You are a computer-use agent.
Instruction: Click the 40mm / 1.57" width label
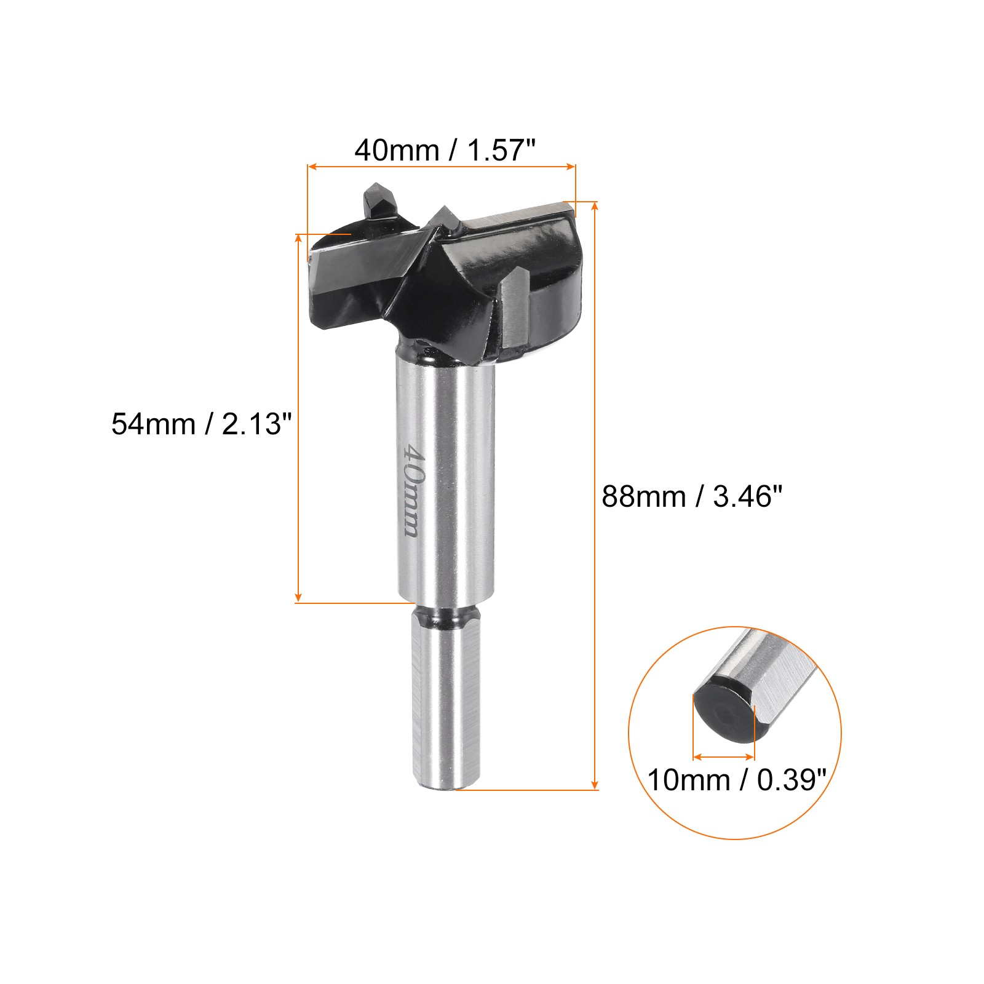point(445,150)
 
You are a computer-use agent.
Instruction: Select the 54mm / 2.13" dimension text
point(200,424)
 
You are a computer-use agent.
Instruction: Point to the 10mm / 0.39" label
point(736,780)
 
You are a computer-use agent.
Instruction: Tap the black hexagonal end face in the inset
point(724,714)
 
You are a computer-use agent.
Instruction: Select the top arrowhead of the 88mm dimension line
point(594,205)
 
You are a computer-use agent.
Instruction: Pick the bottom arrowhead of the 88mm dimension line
point(594,786)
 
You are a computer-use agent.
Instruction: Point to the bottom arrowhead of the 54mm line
point(298,598)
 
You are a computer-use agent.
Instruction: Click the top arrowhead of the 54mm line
point(298,238)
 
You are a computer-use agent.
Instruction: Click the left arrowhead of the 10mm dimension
point(697,758)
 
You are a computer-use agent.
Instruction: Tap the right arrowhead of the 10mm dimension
point(751,758)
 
